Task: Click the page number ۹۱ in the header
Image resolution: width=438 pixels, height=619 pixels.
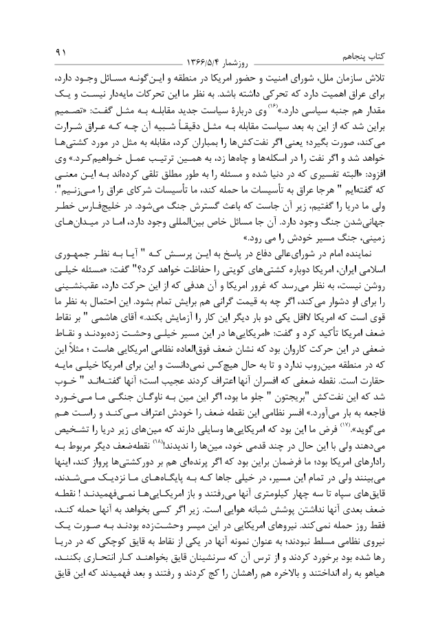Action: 60,53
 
